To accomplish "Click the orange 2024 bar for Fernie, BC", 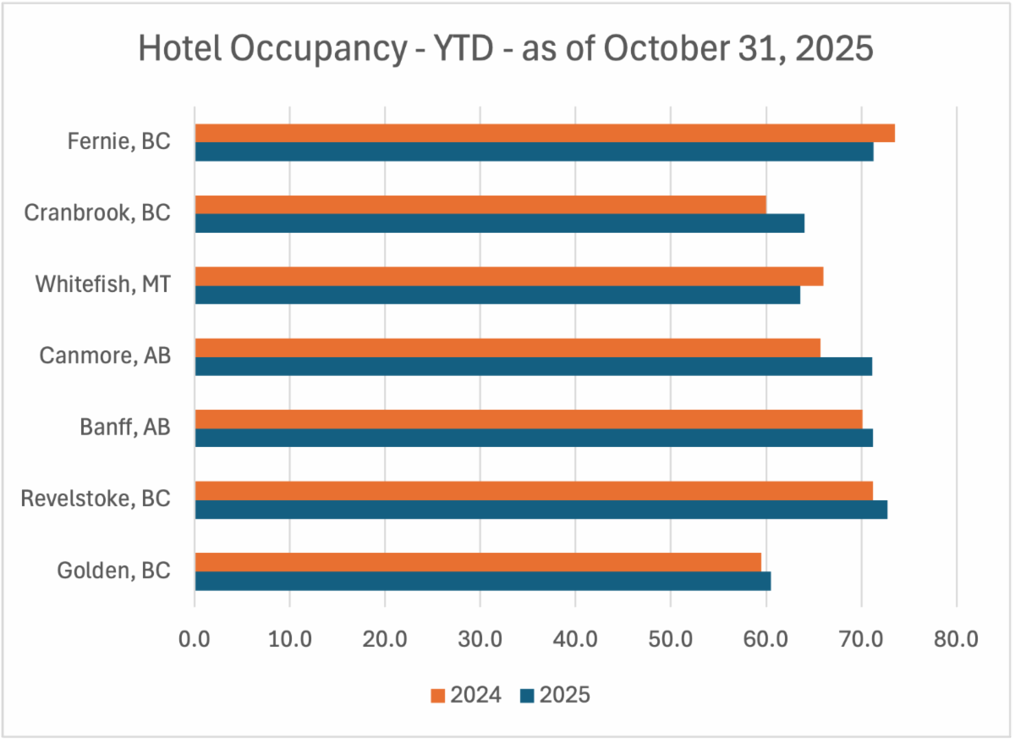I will click(x=545, y=133).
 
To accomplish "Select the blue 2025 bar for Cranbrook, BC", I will click(x=499, y=223).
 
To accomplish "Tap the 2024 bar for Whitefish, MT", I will click(x=508, y=276).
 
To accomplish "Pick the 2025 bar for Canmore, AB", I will click(x=533, y=367).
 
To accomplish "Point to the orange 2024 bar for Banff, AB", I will click(x=528, y=419).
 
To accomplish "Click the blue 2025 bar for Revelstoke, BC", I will click(x=540, y=510).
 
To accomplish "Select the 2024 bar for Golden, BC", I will click(x=478, y=562).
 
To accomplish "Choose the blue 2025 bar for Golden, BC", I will click(x=482, y=581).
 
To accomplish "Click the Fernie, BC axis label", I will click(x=119, y=141).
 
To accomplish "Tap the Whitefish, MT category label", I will click(x=103, y=284).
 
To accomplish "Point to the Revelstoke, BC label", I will click(x=96, y=499).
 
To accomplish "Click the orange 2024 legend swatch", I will click(x=437, y=696).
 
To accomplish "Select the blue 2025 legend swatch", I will click(x=527, y=696).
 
